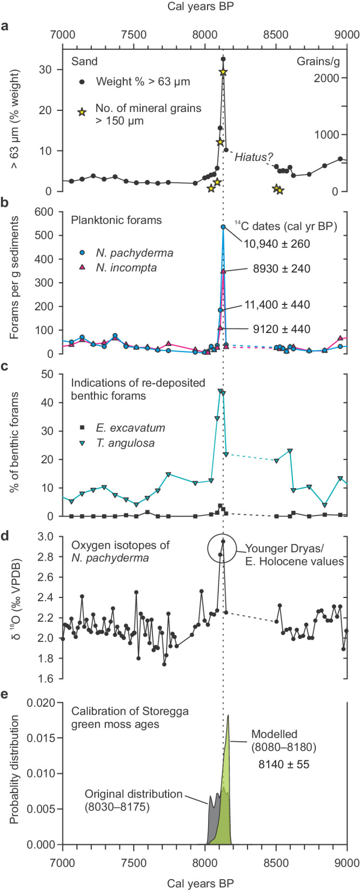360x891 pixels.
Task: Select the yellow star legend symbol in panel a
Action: point(82,112)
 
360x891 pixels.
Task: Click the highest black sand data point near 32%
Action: point(223,59)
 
